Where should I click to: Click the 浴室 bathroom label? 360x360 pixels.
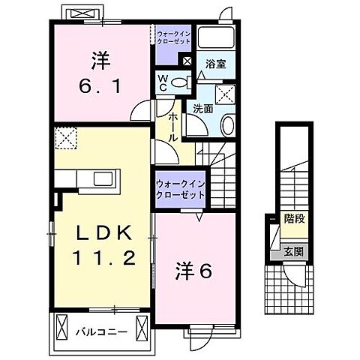216,65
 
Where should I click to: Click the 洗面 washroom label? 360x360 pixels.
204,109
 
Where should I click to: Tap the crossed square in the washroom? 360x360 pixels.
223,94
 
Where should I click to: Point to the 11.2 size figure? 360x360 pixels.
106,260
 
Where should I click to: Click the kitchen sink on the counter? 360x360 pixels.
100,178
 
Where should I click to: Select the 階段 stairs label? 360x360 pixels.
294,219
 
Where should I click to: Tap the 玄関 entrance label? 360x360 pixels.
293,251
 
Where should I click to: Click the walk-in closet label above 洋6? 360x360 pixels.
181,189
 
